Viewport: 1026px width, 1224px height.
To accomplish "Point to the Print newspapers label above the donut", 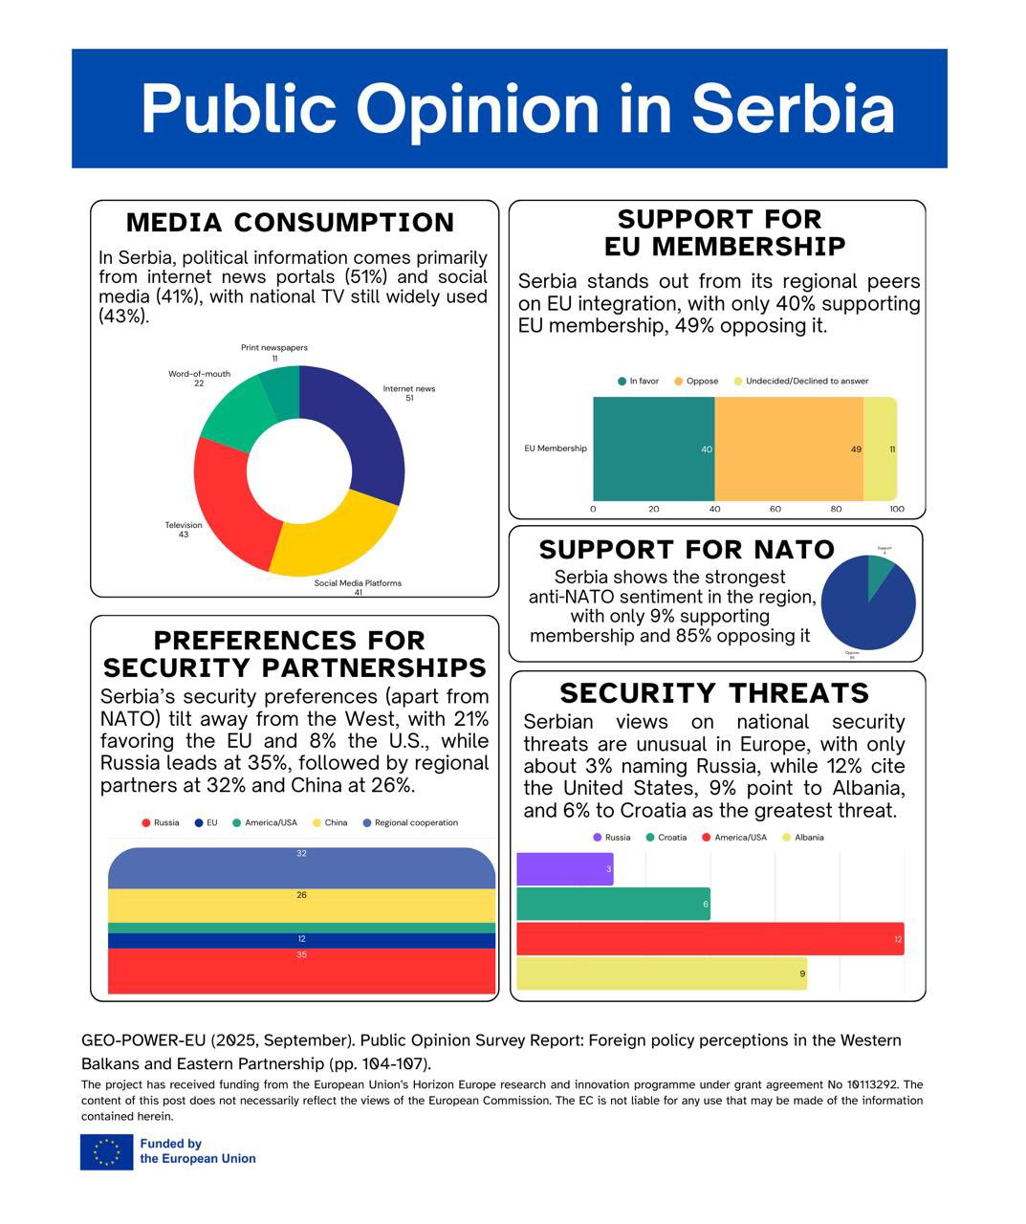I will (x=274, y=348).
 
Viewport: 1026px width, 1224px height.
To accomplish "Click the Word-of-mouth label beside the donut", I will (x=199, y=374).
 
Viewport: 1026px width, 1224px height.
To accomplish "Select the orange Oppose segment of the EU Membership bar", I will (x=789, y=448).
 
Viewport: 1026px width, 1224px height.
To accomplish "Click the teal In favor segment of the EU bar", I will (x=653, y=448).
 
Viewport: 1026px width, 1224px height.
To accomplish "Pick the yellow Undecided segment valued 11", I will (x=880, y=448).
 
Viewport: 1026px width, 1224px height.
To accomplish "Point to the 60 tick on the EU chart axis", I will (x=775, y=509).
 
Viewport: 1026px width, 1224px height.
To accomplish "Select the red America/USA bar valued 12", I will (x=709, y=939).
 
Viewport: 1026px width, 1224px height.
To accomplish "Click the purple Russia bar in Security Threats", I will (x=564, y=868).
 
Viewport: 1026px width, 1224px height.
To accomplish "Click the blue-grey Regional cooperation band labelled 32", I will (x=301, y=866).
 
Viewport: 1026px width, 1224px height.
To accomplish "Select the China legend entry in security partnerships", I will (x=330, y=822).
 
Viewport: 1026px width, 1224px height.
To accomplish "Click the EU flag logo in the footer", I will (x=107, y=1151).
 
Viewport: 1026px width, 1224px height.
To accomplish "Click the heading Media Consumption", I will (x=291, y=223).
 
